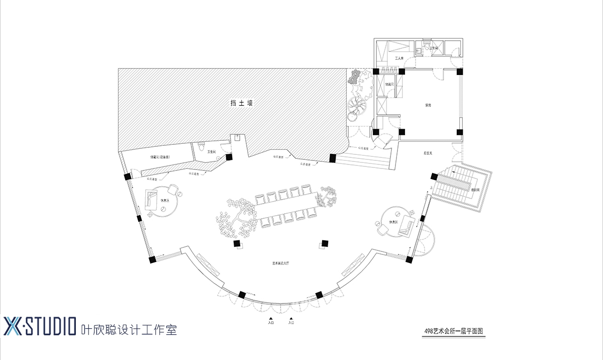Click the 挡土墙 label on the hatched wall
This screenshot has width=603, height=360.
tap(241, 104)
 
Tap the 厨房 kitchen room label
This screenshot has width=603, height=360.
tap(428, 106)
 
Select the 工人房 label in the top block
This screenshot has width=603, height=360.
tap(400, 59)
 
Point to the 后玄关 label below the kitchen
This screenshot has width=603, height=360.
tap(428, 152)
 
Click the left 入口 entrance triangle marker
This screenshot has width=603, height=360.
tap(270, 319)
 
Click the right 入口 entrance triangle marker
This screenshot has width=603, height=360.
tap(290, 319)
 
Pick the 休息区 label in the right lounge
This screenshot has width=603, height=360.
tap(393, 222)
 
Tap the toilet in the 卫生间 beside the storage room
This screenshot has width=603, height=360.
tap(202, 148)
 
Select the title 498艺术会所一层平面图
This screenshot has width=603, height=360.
tap(453, 331)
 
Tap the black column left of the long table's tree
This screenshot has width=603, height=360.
tap(237, 244)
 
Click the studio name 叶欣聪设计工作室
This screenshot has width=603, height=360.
tap(129, 329)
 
